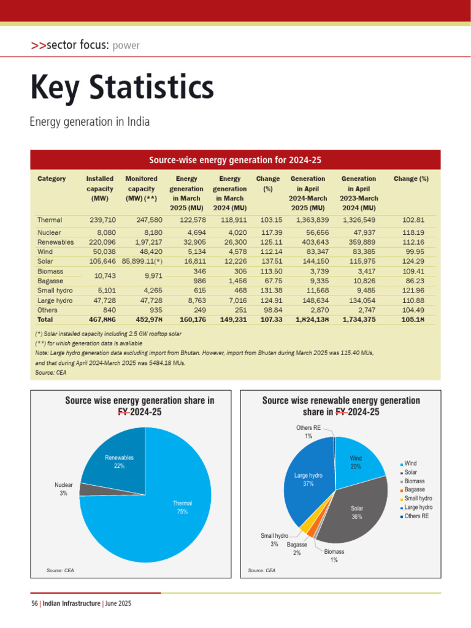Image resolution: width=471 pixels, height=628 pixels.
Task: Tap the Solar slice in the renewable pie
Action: [359, 512]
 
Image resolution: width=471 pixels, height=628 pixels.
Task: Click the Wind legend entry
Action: [410, 464]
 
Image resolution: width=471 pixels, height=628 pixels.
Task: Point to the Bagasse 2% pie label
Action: [297, 549]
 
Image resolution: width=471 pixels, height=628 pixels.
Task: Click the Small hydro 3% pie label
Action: [274, 540]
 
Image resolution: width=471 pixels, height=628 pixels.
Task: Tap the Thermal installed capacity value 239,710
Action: [101, 220]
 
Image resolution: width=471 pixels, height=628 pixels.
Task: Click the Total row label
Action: [45, 320]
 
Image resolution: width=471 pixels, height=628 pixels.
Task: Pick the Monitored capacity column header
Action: [141, 189]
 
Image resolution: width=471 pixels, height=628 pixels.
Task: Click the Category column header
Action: [52, 179]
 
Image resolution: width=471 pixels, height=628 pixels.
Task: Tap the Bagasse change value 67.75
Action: [269, 281]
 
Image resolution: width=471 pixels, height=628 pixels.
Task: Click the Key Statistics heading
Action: [122, 88]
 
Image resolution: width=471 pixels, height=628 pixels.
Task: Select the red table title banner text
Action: [235, 160]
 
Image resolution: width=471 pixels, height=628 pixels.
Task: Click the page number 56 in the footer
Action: [35, 604]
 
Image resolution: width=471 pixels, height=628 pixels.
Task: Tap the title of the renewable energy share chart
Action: [341, 406]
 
